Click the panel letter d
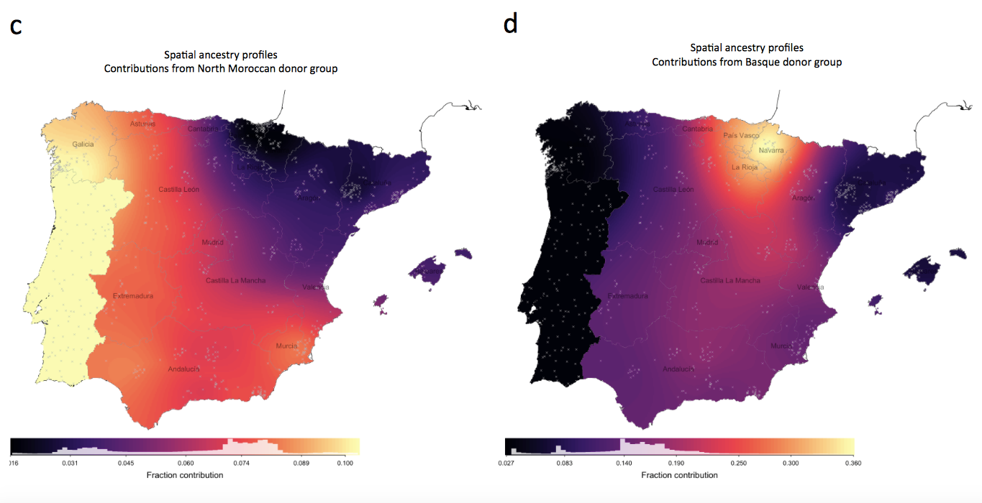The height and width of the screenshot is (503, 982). click(510, 24)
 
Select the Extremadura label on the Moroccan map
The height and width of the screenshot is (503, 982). click(133, 296)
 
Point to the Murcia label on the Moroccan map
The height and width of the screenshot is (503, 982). click(286, 346)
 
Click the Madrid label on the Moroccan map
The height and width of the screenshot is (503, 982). click(212, 243)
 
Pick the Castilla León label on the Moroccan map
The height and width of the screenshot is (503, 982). click(179, 190)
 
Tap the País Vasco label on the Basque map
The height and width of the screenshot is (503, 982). click(741, 135)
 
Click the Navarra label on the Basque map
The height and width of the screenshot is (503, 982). click(771, 150)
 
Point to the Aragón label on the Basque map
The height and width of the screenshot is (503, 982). click(803, 198)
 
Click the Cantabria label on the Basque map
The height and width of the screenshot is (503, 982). click(698, 129)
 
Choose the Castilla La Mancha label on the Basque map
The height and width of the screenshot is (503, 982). click(730, 280)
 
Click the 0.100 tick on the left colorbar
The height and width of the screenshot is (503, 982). click(345, 463)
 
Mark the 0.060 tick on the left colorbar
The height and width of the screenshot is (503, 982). click(185, 463)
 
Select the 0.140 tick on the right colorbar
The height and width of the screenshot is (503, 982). click(624, 463)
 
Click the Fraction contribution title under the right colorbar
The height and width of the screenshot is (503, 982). click(679, 475)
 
